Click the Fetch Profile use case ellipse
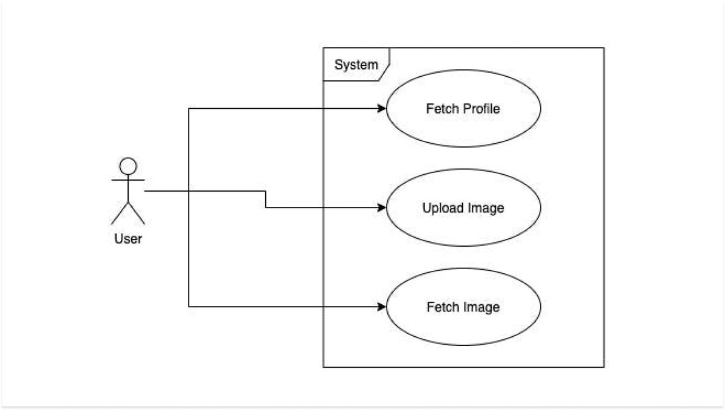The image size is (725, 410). point(463,91)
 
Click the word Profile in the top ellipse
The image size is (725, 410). point(481,109)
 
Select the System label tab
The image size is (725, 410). point(356,65)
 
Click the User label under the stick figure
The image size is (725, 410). point(128,239)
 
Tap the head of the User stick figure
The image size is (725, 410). point(128,166)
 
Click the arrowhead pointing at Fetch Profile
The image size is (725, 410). point(382,109)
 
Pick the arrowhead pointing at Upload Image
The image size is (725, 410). point(382,208)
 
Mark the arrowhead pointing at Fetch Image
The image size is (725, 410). point(382,307)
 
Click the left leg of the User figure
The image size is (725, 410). point(120,213)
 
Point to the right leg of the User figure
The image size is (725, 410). point(137,213)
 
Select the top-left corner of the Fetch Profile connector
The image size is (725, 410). point(189,109)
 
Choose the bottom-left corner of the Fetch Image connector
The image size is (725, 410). point(189,307)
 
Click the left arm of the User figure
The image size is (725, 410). point(118,180)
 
